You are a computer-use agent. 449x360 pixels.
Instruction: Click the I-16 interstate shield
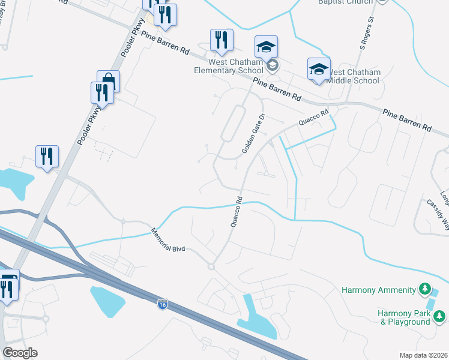[x=162, y=305]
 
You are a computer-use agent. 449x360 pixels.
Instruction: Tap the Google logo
[x=19, y=353]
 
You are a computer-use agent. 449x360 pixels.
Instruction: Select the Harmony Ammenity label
[x=378, y=290]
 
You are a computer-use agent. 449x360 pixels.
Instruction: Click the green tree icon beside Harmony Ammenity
[x=424, y=290]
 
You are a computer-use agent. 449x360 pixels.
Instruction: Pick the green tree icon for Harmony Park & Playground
[x=441, y=316]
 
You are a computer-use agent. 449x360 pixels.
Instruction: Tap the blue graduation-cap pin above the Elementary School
[x=266, y=46]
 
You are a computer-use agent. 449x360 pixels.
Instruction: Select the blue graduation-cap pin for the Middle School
[x=319, y=68]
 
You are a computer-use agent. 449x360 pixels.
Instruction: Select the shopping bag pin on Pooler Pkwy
[x=108, y=80]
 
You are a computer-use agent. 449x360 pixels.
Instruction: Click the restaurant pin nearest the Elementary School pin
[x=221, y=40]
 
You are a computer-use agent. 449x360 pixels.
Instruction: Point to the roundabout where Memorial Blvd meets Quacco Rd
[x=211, y=266]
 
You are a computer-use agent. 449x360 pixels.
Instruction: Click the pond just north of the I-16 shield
[x=108, y=300]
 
